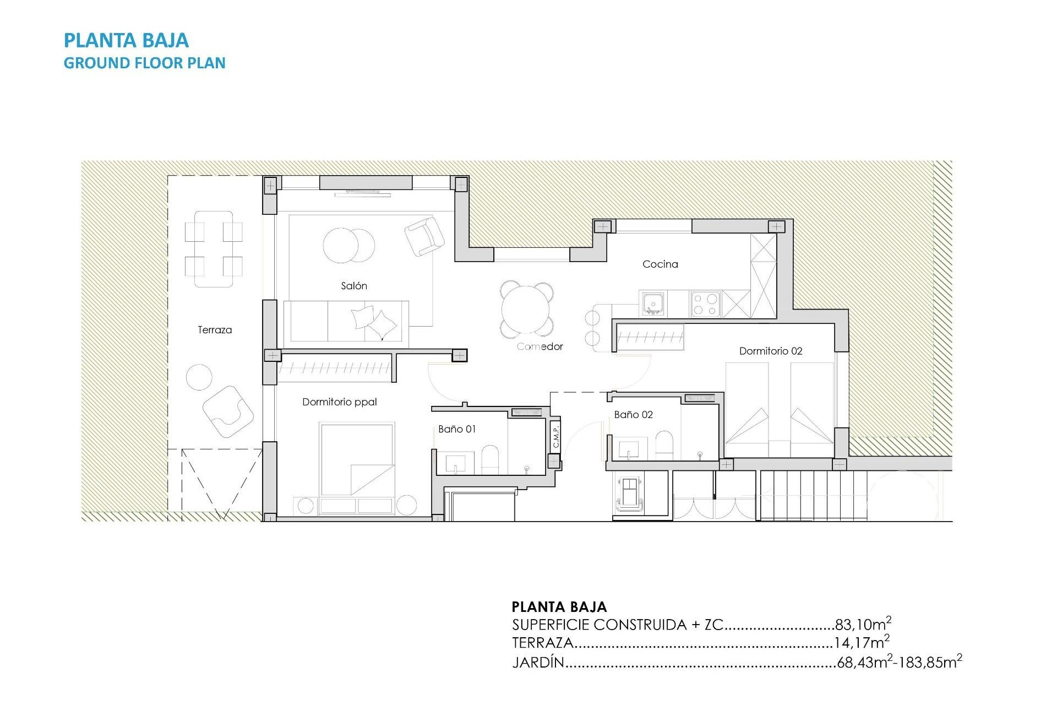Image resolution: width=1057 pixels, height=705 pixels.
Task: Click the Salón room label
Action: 353,286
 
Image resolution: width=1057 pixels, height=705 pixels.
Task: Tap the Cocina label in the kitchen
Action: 660,264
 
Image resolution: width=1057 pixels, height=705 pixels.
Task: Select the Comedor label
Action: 540,346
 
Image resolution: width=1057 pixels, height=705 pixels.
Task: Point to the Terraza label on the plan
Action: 215,330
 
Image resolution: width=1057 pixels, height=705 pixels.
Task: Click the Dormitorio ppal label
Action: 339,402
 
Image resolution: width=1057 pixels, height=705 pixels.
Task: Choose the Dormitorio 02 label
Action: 770,351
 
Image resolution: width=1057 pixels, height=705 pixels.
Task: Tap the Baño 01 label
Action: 457,429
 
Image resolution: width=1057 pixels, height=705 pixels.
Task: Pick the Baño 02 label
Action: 633,415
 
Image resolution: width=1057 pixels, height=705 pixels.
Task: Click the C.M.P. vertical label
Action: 555,436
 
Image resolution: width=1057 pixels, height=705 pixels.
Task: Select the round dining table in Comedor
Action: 526,310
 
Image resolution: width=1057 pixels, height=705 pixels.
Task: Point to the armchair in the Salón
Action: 424,236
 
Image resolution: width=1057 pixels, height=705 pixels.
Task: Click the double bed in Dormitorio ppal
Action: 357,460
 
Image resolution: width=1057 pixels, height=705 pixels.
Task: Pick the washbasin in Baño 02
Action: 629,448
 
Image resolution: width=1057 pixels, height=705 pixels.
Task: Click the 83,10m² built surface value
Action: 863,624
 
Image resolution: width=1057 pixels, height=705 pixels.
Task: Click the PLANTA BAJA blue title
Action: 126,40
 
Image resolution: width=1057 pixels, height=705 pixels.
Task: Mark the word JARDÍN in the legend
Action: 538,662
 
